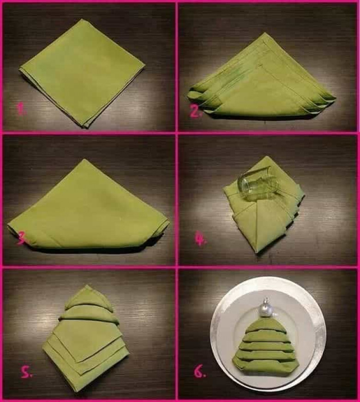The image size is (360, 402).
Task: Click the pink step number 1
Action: (x=22, y=109)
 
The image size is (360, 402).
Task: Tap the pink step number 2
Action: (x=195, y=112)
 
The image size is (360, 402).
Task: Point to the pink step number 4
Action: (x=200, y=240)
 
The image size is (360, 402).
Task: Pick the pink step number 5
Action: (x=27, y=374)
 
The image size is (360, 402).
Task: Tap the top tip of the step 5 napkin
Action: (x=87, y=285)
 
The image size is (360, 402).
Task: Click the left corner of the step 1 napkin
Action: (x=20, y=69)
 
